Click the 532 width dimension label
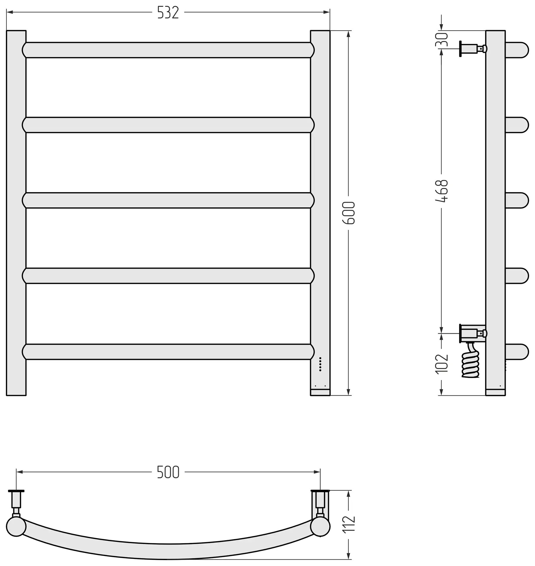(x=168, y=13)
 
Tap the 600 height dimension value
(x=349, y=213)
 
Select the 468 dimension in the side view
(x=442, y=191)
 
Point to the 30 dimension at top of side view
(x=442, y=40)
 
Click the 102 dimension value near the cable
(x=442, y=364)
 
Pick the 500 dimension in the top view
(x=168, y=472)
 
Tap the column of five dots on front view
(x=320, y=364)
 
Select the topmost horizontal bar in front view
(x=168, y=50)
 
